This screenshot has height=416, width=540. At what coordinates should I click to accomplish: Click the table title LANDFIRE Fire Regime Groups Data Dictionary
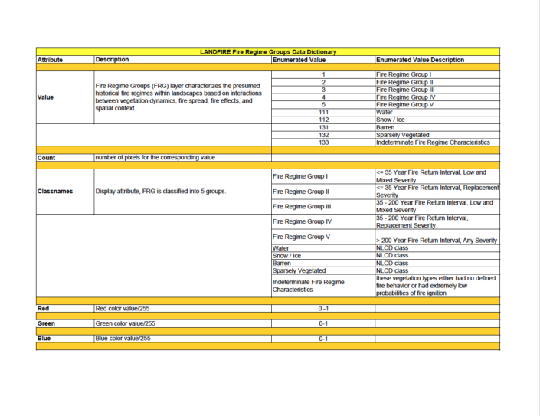coord(268,52)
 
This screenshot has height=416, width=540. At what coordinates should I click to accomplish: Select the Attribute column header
coord(50,60)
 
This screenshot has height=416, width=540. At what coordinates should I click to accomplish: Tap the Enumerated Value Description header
coord(420,60)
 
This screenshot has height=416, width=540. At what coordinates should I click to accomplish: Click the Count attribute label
coord(47,157)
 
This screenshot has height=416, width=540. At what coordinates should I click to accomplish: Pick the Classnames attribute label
coord(54,191)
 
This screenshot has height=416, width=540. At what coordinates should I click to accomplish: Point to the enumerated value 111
coord(323,112)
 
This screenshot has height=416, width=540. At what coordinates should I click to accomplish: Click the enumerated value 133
coord(323,142)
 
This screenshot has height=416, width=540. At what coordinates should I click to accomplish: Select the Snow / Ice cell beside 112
coord(391,120)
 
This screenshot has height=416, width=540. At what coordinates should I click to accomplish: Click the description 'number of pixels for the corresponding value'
coord(154,157)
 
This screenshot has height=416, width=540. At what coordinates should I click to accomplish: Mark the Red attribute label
coord(44,309)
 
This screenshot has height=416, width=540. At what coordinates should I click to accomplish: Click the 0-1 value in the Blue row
coord(323,339)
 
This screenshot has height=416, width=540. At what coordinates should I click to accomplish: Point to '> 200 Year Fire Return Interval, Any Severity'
coord(437,241)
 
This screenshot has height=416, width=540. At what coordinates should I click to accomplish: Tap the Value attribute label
coord(46,97)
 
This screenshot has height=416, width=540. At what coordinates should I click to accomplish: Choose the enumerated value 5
coord(323,104)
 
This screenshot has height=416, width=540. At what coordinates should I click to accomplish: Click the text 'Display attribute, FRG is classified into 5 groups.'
coord(161,191)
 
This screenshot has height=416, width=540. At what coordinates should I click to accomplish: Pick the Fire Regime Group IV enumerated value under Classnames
coord(302,221)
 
